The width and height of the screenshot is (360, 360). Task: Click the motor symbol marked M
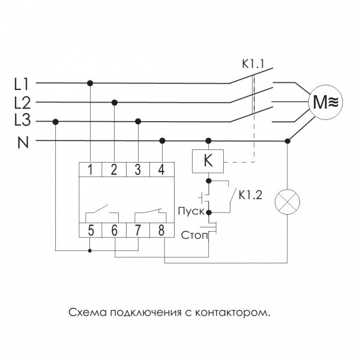[322, 102]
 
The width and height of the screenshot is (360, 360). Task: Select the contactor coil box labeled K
[208, 161]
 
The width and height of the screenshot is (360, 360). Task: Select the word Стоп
[193, 235]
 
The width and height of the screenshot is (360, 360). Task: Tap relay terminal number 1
[90, 170]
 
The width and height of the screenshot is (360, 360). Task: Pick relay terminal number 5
[90, 229]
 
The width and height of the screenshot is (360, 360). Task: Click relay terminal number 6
[114, 229]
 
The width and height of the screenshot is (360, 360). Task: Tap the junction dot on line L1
[90, 82]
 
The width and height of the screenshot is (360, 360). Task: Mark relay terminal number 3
[138, 170]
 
